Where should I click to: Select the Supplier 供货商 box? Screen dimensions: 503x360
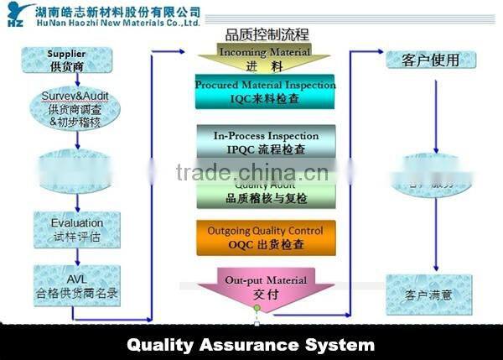point(66,60)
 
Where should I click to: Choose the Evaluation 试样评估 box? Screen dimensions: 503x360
point(77,229)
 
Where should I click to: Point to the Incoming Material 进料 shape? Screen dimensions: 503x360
point(264,59)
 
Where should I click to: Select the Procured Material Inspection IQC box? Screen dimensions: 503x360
point(265,92)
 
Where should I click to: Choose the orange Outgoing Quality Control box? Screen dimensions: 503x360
point(265,238)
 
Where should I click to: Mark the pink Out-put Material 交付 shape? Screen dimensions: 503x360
point(266,288)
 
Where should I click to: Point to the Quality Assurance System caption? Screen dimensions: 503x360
point(251,344)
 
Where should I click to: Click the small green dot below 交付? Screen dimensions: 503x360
point(257,309)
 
